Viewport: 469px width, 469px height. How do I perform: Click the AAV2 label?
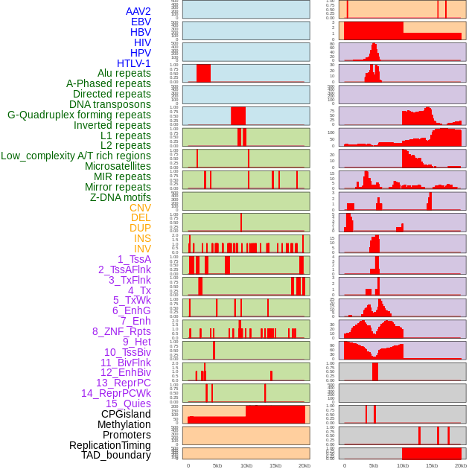click(138, 11)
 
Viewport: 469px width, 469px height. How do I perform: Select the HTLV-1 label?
click(133, 63)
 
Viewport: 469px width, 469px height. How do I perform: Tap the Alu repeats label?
click(124, 73)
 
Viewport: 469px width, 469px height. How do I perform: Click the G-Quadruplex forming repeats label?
click(79, 115)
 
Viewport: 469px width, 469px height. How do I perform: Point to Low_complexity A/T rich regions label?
click(76, 156)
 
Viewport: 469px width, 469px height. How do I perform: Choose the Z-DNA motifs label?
click(120, 197)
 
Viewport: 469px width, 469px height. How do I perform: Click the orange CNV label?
click(140, 208)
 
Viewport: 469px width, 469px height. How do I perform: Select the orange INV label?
click(142, 249)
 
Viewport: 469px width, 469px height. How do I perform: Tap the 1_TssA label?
click(134, 259)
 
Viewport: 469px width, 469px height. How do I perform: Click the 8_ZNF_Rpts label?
click(121, 331)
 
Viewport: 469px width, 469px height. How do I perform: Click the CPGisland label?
click(126, 414)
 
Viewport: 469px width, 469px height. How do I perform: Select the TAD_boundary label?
click(116, 455)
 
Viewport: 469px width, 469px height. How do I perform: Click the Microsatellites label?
click(118, 166)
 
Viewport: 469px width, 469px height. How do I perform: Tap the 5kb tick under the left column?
click(217, 465)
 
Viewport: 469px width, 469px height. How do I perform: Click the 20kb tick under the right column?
click(461, 465)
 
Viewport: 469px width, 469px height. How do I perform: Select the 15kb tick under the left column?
click(275, 465)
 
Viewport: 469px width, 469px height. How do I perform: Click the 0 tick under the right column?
click(344, 465)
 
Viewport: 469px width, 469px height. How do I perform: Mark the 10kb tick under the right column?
click(403, 465)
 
